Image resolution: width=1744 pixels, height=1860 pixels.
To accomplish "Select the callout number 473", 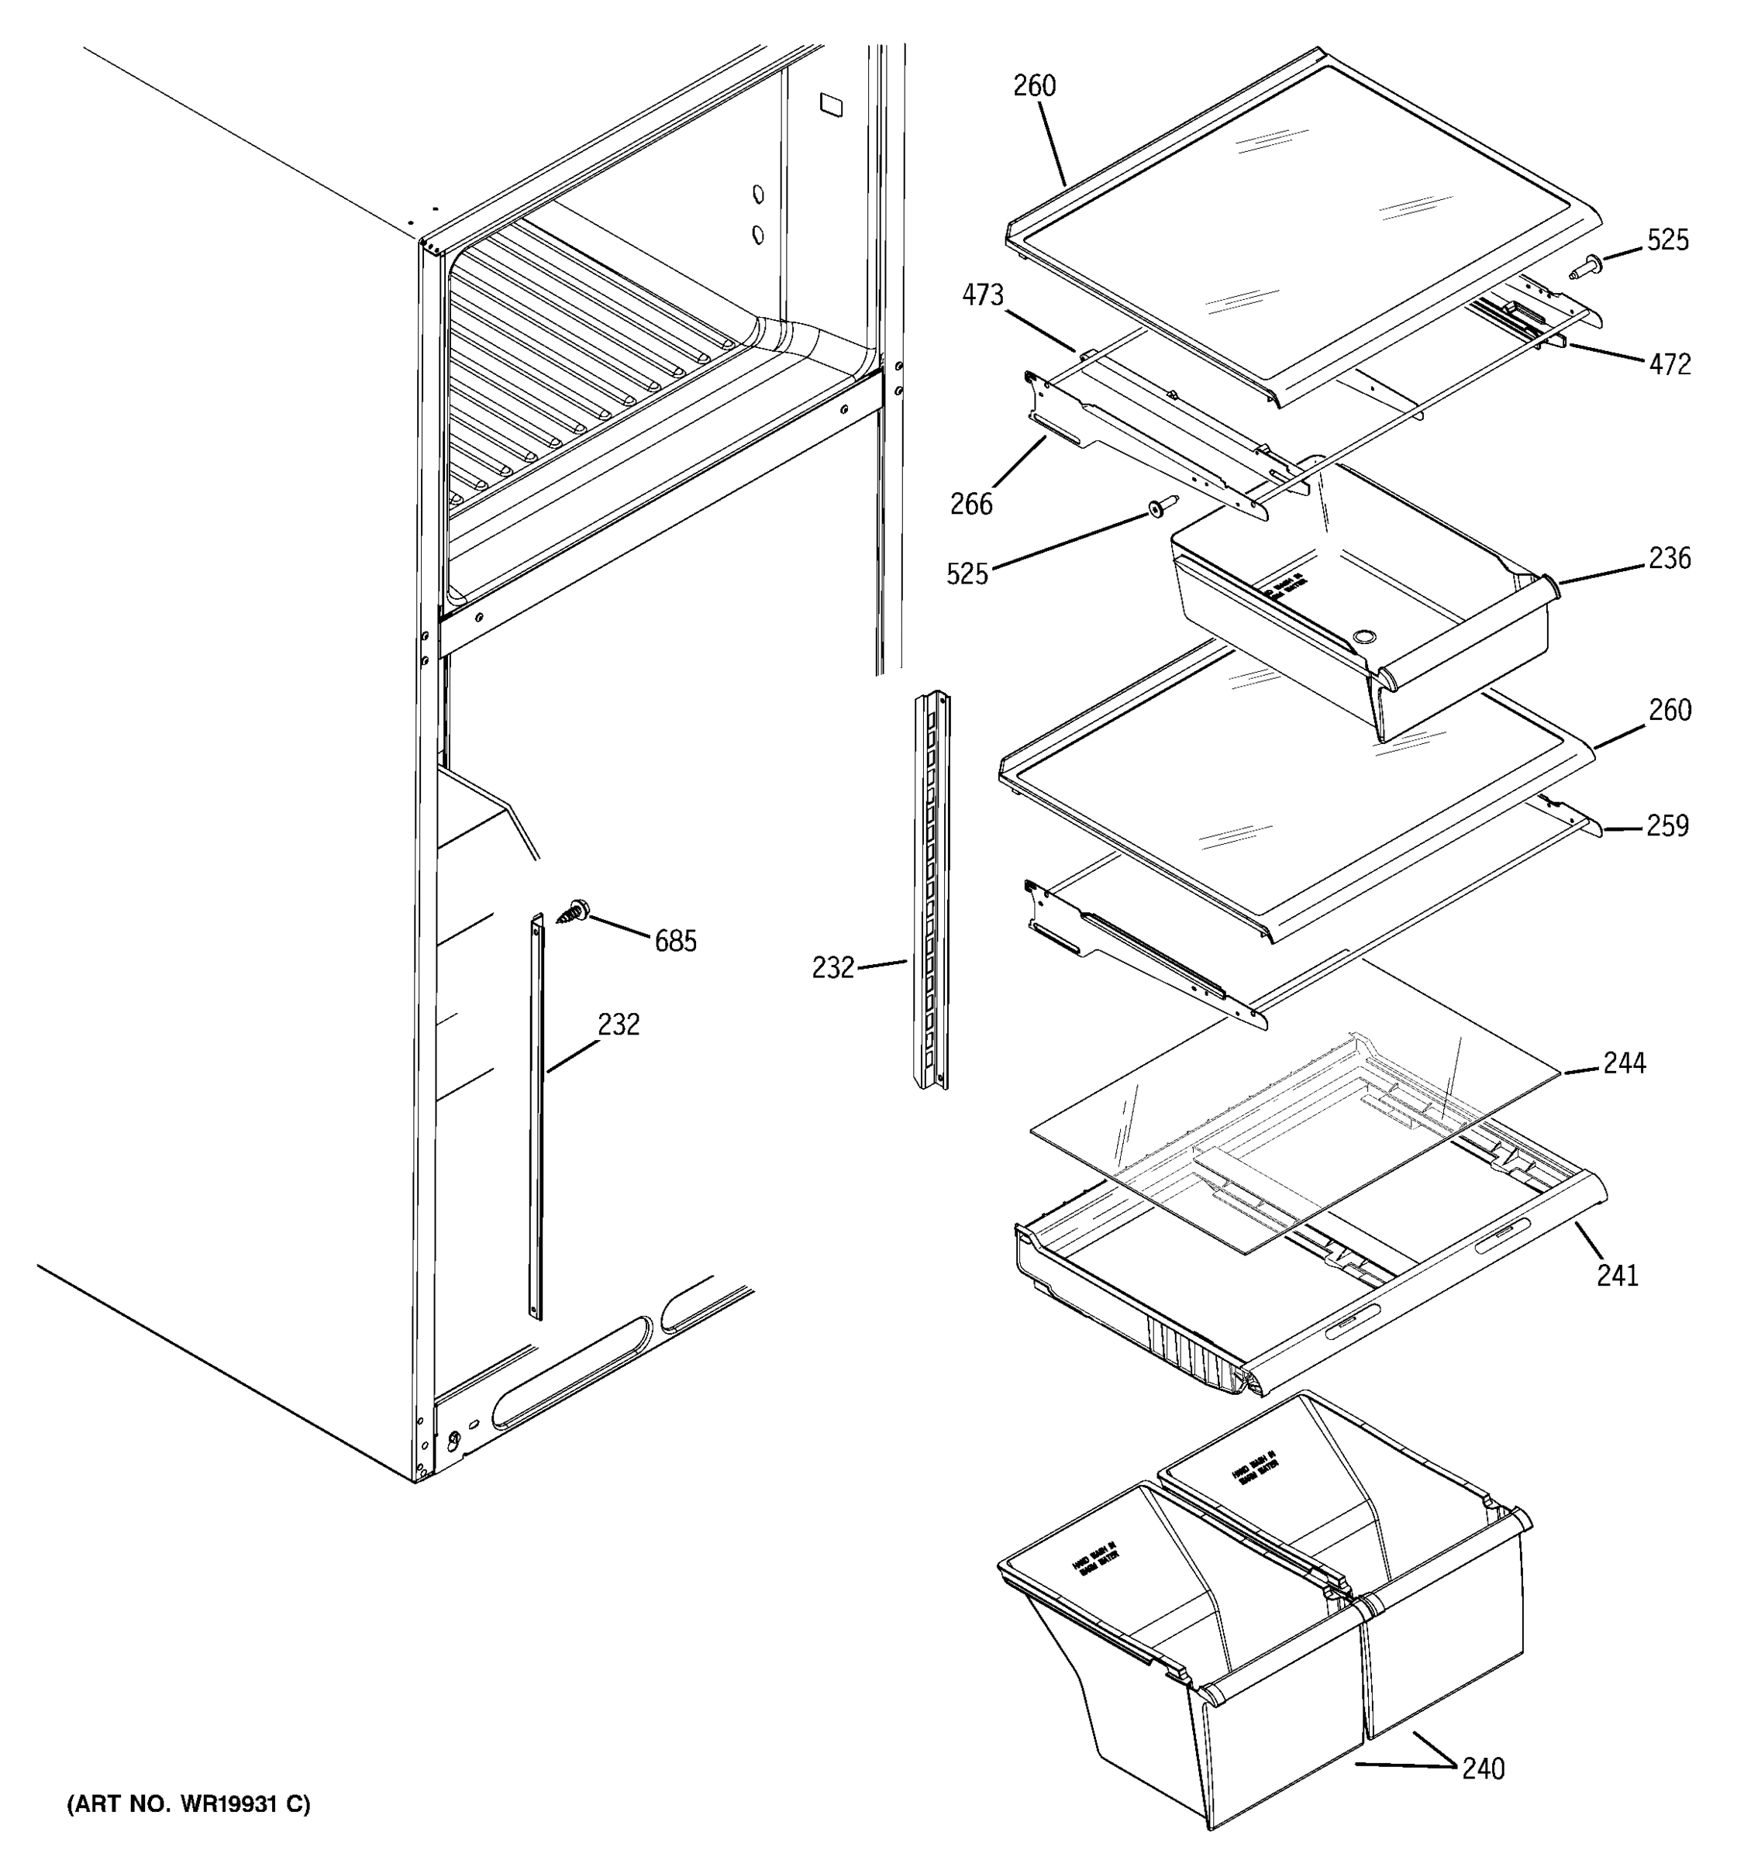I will (x=982, y=295).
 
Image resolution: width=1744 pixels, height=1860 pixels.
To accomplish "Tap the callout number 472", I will (x=1670, y=364).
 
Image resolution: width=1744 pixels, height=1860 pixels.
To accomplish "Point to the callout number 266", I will (x=971, y=505).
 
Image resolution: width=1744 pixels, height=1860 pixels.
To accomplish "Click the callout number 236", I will (x=1670, y=559).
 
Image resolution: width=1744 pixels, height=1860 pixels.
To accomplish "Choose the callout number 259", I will (x=1668, y=825).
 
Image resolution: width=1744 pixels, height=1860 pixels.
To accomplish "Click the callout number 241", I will (x=1618, y=1275).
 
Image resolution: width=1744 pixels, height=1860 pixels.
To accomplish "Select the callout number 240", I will (x=1483, y=1769).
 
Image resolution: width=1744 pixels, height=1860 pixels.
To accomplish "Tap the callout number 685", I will (x=676, y=941).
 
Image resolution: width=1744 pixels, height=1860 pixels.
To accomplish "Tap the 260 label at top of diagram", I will (x=1035, y=86).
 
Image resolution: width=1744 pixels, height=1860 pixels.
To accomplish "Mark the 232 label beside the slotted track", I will (x=832, y=967).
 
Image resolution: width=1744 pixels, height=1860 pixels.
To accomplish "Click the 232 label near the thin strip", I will (x=619, y=1025).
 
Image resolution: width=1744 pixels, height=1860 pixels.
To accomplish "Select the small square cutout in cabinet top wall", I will (x=830, y=104).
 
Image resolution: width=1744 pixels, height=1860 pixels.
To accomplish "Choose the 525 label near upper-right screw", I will (x=1668, y=240).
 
